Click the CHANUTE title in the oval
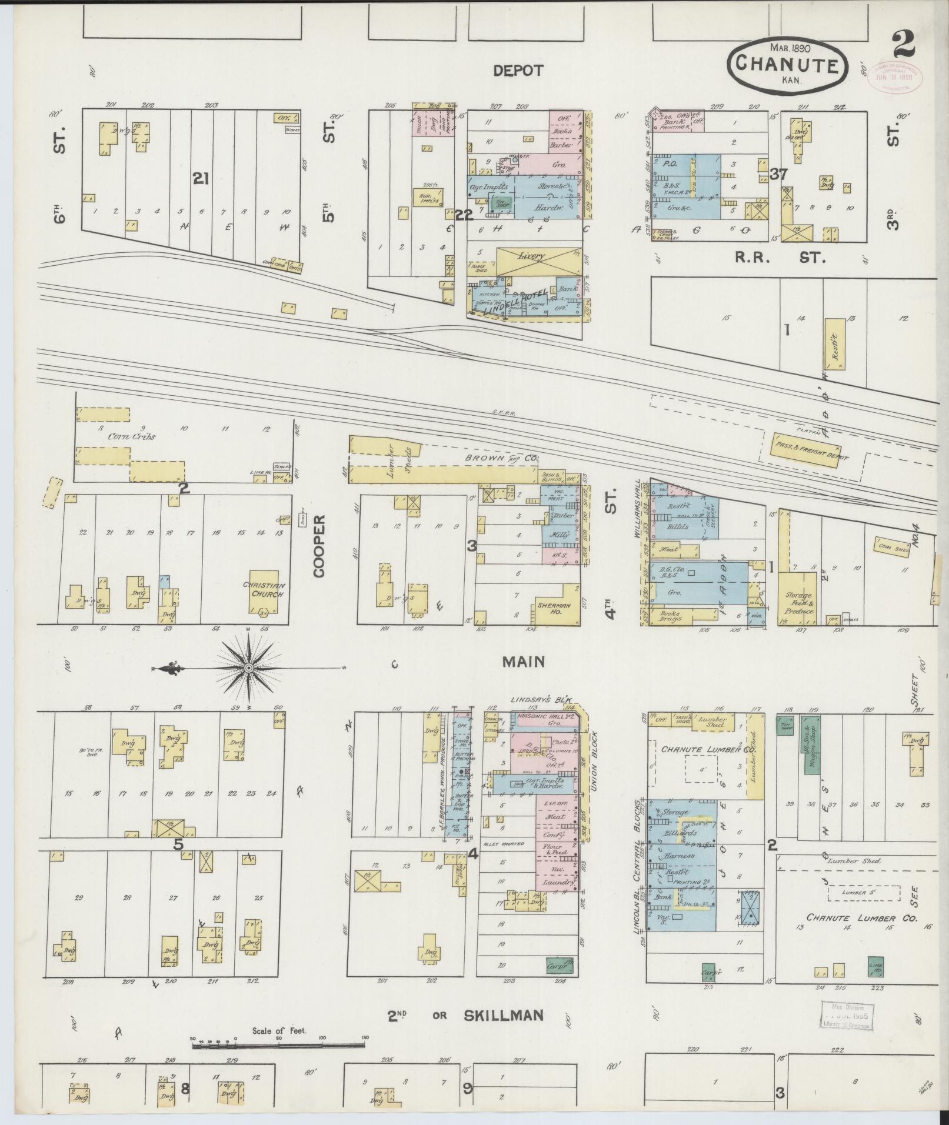pyautogui.click(x=788, y=64)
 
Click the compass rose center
pyautogui.click(x=248, y=668)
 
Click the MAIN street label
pyautogui.click(x=523, y=662)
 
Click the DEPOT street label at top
pyautogui.click(x=518, y=71)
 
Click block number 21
pyautogui.click(x=201, y=179)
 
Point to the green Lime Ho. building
pyautogui.click(x=875, y=966)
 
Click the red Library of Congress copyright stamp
pyautogui.click(x=897, y=76)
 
